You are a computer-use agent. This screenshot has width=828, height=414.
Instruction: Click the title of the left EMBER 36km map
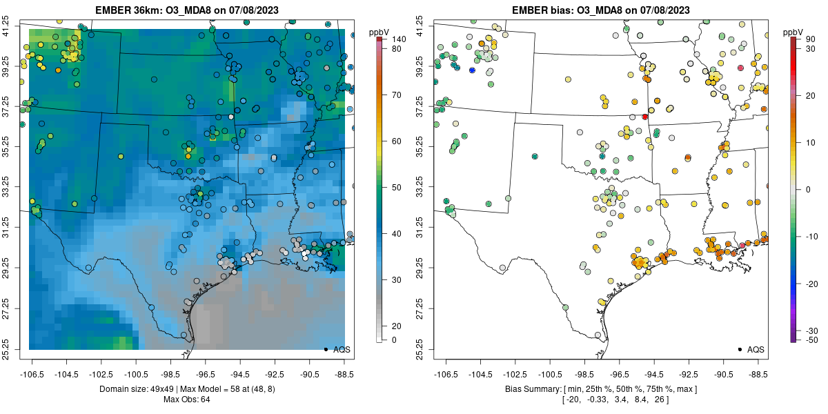pos(186,10)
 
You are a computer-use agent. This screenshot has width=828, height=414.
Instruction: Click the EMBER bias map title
pos(600,10)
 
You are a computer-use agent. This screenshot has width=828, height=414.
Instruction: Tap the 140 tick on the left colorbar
pos(398,39)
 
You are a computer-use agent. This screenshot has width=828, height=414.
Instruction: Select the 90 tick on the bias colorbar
pos(811,39)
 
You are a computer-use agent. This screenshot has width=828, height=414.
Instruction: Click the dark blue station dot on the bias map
pos(472,70)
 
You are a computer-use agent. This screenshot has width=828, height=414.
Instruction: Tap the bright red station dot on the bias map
pos(644,117)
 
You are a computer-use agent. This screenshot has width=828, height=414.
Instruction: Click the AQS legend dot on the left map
pos(325,349)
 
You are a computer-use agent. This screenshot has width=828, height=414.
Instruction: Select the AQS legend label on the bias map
pos(756,349)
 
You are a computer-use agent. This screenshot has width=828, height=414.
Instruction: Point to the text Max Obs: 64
pos(186,399)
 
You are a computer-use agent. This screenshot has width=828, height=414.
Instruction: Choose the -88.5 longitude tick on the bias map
pos(758,373)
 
